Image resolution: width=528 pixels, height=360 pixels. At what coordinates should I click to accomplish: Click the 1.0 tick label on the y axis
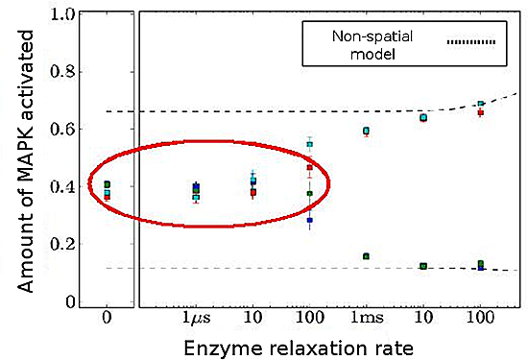[63, 15]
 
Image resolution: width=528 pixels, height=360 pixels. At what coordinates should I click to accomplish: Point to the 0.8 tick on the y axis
[63, 72]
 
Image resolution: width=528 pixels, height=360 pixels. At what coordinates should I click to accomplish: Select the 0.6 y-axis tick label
[63, 129]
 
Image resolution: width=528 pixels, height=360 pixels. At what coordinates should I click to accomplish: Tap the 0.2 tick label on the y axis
[63, 243]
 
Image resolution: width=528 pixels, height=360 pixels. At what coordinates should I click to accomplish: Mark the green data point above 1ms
[366, 256]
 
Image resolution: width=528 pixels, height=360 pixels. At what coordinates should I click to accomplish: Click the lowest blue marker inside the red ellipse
[310, 221]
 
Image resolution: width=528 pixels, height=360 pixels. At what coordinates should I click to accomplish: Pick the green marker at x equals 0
[108, 184]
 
